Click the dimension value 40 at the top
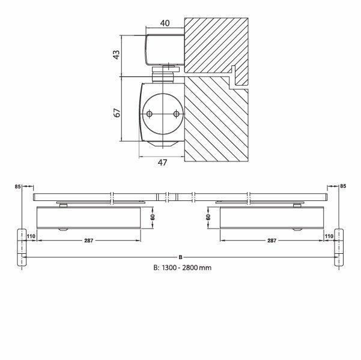165,23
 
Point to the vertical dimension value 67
117,111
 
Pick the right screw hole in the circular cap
175,115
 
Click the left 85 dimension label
17,187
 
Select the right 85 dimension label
343,187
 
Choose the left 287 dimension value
89,241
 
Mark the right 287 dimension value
271,241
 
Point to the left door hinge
22,246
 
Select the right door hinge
339,246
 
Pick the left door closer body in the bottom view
88,218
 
